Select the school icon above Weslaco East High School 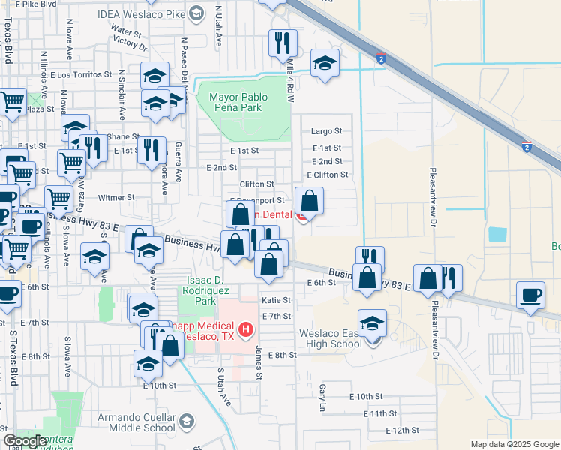pos(372,322)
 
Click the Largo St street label pos(326,130)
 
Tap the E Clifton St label pos(330,175)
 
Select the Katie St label pos(275,300)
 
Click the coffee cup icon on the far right pos(531,294)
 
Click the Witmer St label pos(115,198)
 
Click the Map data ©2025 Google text pos(514,444)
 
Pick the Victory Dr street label pos(132,44)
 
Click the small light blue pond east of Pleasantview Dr pos(496,233)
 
